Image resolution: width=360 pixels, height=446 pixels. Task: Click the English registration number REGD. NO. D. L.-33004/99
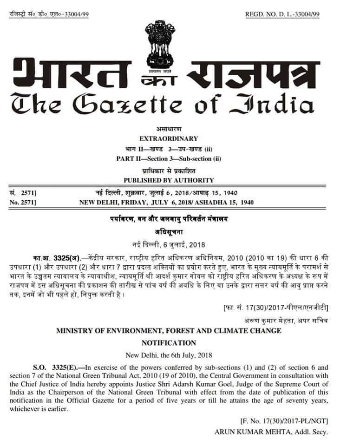point(282,14)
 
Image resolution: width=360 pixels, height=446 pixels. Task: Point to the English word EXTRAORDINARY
point(169,138)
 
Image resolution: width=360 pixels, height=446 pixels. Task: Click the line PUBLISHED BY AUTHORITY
point(169,180)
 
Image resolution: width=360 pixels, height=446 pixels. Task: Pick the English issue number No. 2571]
point(23,203)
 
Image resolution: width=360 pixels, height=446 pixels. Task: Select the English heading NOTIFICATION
point(169,343)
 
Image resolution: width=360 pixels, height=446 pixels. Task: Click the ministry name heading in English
point(169,331)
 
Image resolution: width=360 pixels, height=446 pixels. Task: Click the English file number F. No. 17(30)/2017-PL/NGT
point(284,421)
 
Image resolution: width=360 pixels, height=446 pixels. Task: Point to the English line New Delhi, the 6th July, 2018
point(169,355)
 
